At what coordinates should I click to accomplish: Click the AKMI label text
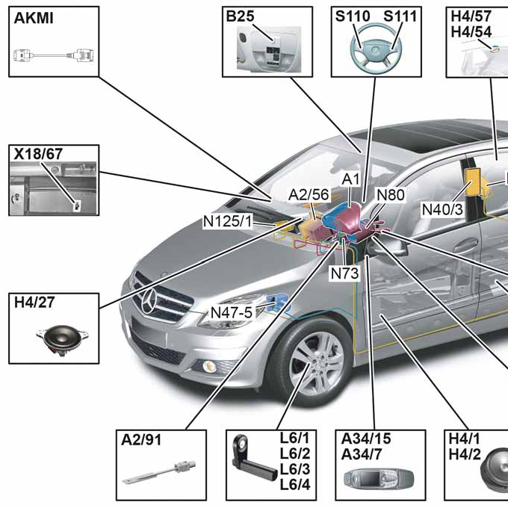pos(33,19)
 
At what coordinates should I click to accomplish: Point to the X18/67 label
pos(38,155)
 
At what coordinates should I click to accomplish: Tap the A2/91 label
pos(141,440)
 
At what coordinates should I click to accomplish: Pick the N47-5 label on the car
pos(231,312)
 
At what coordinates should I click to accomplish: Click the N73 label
pos(344,273)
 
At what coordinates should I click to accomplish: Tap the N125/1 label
pos(228,221)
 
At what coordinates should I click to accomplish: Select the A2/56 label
pos(309,195)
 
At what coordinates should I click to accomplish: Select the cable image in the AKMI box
pos(52,55)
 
